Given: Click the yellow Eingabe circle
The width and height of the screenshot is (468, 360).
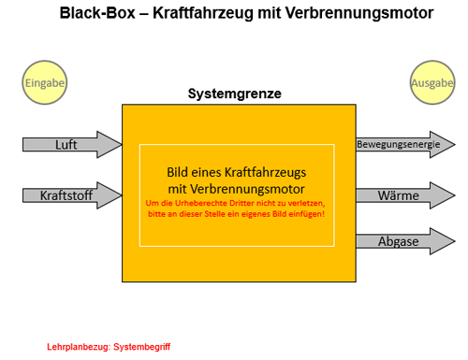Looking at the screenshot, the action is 45,82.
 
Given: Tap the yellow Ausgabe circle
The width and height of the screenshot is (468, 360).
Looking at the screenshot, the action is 432,82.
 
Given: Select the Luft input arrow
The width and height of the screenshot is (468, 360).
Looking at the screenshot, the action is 72,145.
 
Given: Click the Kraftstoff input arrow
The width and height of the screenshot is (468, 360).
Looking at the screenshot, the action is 72,195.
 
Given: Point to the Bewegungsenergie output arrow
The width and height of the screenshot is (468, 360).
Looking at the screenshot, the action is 405,145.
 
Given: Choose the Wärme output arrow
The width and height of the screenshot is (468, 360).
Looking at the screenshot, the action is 405,195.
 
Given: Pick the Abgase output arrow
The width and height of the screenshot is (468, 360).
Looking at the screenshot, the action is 405,241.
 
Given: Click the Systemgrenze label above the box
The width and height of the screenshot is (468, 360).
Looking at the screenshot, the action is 235,94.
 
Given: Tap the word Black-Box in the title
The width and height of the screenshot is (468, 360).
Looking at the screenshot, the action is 97,13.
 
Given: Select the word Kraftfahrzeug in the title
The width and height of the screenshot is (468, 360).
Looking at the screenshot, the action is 203,14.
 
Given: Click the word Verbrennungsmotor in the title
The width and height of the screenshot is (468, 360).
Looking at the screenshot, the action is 359,14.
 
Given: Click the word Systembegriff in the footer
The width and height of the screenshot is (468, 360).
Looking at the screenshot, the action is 142,347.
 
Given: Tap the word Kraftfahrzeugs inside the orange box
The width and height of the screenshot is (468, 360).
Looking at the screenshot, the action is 266,173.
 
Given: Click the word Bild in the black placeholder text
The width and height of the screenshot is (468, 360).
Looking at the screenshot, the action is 178,172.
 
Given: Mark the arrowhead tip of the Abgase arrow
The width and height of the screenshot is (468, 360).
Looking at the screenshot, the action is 456,241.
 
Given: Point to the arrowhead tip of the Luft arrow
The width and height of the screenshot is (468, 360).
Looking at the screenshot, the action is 123,145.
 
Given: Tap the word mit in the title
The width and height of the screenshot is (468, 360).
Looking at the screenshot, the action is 269,13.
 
